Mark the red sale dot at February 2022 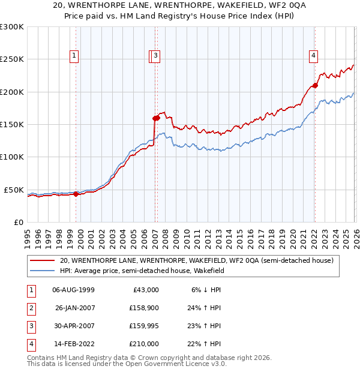(x=315, y=85)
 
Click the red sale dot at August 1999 (x=76, y=194)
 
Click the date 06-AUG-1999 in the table (x=73, y=289)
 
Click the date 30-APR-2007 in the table (x=73, y=326)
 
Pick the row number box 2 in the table (x=31, y=307)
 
